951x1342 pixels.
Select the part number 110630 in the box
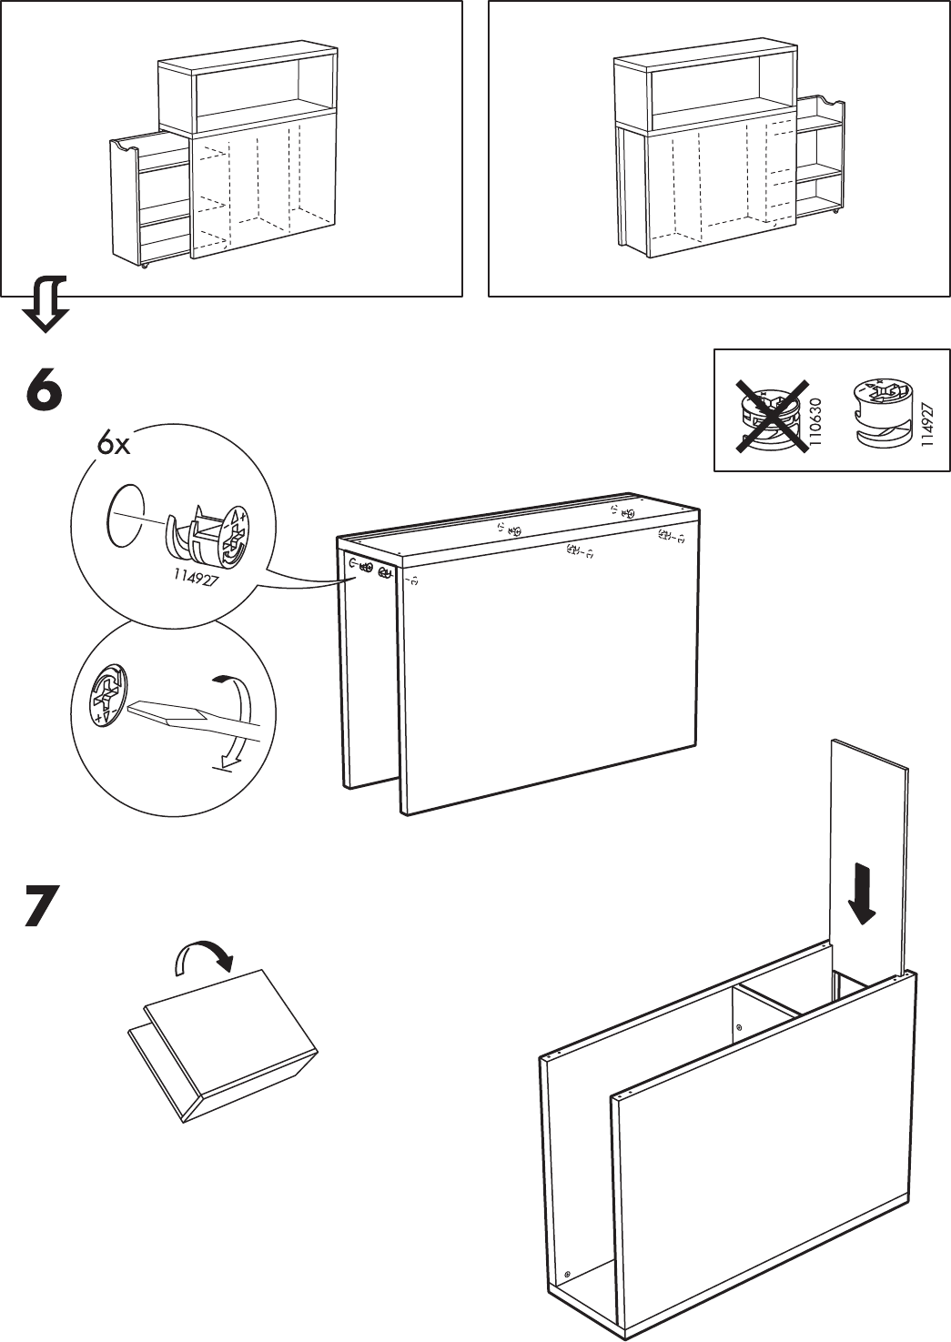(x=815, y=424)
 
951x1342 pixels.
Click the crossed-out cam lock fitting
(x=768, y=419)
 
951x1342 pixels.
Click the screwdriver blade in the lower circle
(x=182, y=714)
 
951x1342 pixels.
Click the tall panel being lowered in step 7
(x=869, y=855)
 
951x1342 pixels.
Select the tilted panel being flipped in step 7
(x=228, y=1046)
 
